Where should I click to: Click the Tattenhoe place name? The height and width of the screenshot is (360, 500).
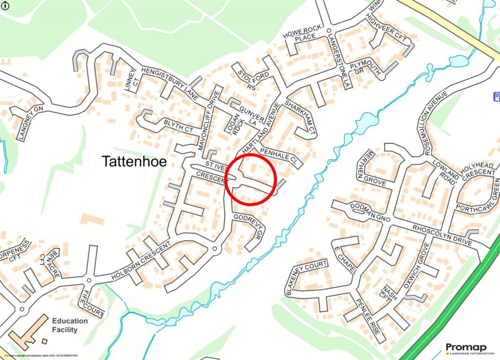click(x=134, y=162)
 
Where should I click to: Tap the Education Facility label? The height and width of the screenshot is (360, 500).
click(x=70, y=325)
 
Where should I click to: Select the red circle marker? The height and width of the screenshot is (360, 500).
click(x=251, y=179)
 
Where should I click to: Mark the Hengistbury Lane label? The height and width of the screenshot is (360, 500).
click(x=168, y=84)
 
